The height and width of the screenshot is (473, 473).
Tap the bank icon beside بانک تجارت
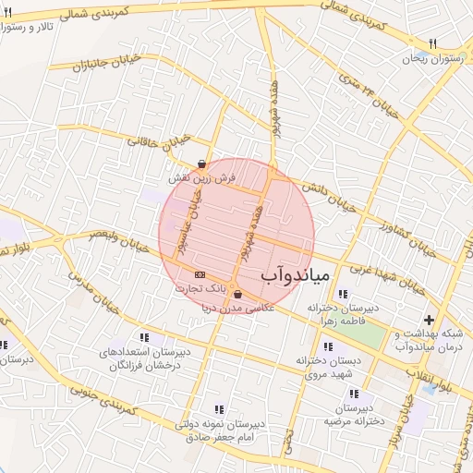coord(199,275)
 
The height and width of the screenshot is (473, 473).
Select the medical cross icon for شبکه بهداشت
coord(428,320)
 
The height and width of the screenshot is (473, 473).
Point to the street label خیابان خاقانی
coord(164,139)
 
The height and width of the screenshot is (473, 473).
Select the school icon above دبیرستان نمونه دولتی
coord(219,408)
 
